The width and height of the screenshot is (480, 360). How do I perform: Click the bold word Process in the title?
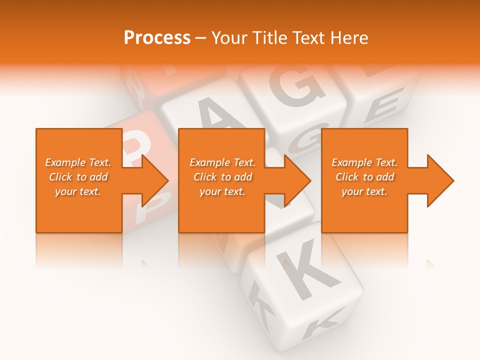157,38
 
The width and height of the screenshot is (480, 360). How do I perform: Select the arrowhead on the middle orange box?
297,180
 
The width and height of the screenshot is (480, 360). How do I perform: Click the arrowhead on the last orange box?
439,180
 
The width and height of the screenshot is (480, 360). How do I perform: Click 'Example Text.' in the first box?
78,162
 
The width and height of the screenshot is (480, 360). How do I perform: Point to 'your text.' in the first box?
78,191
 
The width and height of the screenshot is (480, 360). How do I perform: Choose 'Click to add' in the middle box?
222,177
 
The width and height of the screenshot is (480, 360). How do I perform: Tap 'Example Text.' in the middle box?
222,162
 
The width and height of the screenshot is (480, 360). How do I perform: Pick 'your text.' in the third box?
364,191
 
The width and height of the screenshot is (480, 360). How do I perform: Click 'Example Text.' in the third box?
364,162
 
